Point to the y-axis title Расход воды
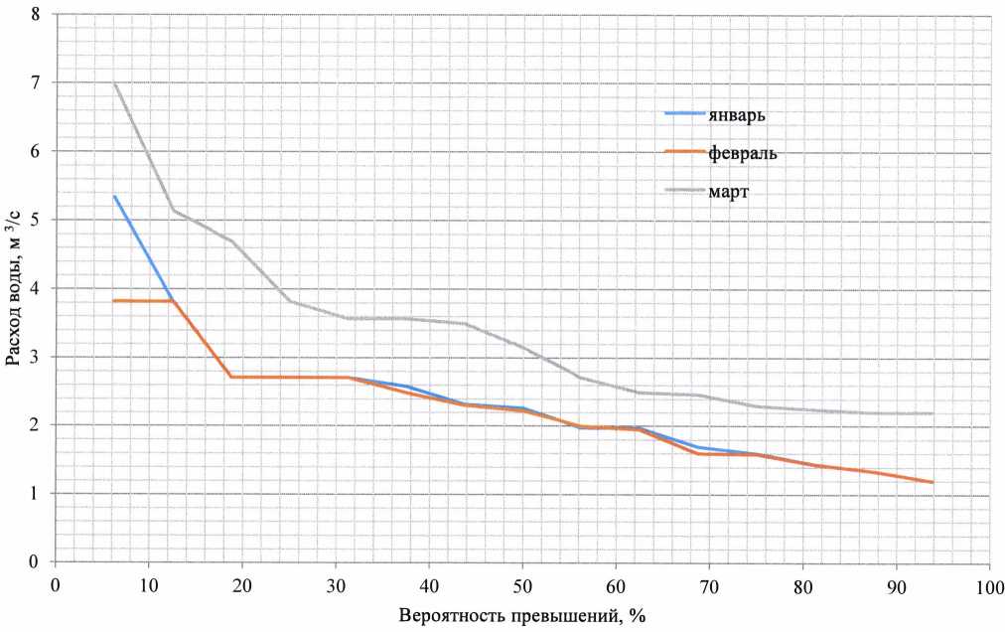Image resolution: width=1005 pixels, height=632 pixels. pos(14,288)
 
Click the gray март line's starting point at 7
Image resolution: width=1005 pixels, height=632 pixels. pos(114,82)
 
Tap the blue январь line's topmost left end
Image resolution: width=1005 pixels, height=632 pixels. pos(114,196)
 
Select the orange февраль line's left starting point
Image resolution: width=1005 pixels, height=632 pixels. pos(114,300)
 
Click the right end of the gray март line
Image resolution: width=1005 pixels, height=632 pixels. pos(933,413)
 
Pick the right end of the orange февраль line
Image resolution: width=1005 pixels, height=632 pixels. pos(933,482)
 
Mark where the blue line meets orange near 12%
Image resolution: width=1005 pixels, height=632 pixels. pos(173,300)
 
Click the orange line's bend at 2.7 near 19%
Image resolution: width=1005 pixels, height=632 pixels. pos(231,377)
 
